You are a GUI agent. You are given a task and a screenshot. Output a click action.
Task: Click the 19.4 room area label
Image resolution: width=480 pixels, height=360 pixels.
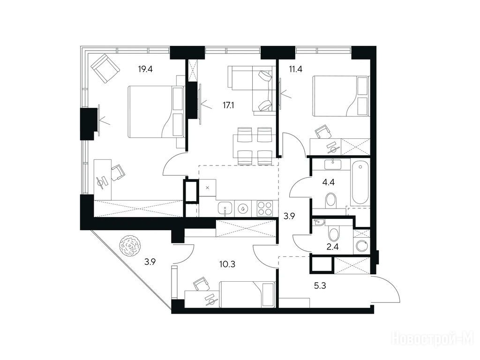[145, 69]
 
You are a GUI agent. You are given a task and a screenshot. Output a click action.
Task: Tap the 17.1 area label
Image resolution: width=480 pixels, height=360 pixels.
[229, 105]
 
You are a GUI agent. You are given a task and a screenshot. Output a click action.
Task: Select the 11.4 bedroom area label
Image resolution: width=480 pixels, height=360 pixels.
[296, 69]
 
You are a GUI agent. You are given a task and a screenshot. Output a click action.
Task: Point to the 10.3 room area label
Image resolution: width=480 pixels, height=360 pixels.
[227, 264]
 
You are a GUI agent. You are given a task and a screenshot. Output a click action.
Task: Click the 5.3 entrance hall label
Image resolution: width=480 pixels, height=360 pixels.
[320, 286]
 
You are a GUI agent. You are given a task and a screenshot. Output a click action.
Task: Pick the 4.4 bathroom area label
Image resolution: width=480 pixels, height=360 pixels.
[328, 183]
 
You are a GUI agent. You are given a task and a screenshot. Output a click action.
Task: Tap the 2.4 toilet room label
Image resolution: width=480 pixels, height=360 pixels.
[332, 247]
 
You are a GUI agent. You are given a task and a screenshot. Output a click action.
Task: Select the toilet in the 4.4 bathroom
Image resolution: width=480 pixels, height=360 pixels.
[330, 201]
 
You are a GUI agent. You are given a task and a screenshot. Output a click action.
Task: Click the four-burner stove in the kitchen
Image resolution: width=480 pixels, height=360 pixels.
[265, 209]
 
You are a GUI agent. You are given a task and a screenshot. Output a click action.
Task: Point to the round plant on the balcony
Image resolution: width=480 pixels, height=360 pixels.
[131, 246]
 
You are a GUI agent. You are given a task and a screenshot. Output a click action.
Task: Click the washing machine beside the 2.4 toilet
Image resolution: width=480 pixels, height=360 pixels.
[361, 246]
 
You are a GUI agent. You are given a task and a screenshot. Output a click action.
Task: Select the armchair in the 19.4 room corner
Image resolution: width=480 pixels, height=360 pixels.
[105, 69]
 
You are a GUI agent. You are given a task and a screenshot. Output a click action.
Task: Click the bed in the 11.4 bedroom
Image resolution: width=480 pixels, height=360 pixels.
[341, 96]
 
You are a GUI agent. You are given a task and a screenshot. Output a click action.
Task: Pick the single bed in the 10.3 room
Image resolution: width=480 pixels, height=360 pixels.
[247, 294]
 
